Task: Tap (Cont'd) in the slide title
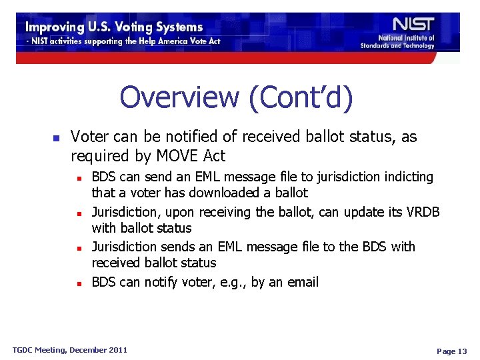pos(301,97)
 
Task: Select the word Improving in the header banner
pos(57,27)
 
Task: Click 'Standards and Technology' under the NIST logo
pos(397,45)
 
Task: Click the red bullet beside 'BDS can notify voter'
pos(79,283)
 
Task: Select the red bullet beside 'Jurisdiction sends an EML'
pos(79,248)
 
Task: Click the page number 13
pos(462,351)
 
